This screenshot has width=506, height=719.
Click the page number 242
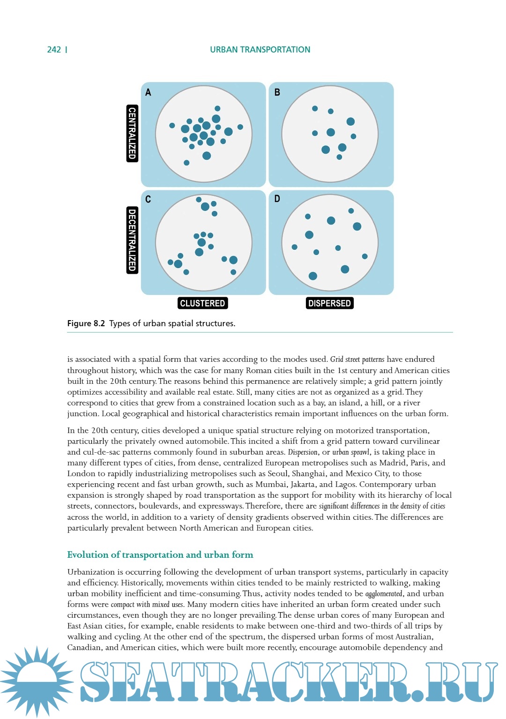coord(54,50)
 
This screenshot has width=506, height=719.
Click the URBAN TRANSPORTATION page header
coord(260,50)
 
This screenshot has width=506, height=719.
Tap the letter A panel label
coord(148,92)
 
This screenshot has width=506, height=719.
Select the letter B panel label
coord(277,92)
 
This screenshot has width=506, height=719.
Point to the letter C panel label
coord(148,199)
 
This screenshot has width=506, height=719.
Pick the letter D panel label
coord(277,199)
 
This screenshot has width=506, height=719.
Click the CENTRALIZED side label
coord(132,134)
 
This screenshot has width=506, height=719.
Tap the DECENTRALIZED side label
coord(132,240)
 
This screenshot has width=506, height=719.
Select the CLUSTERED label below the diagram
coord(202,303)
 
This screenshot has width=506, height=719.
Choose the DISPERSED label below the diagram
coord(329,303)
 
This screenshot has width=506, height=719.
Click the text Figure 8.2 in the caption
coord(86,323)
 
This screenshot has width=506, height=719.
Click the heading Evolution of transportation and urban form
coord(160,555)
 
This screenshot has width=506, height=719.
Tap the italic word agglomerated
coord(384,594)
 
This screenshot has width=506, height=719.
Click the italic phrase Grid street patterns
coord(357,359)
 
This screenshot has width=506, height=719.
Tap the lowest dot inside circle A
coord(186,163)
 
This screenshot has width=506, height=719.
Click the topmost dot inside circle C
coord(199,200)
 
